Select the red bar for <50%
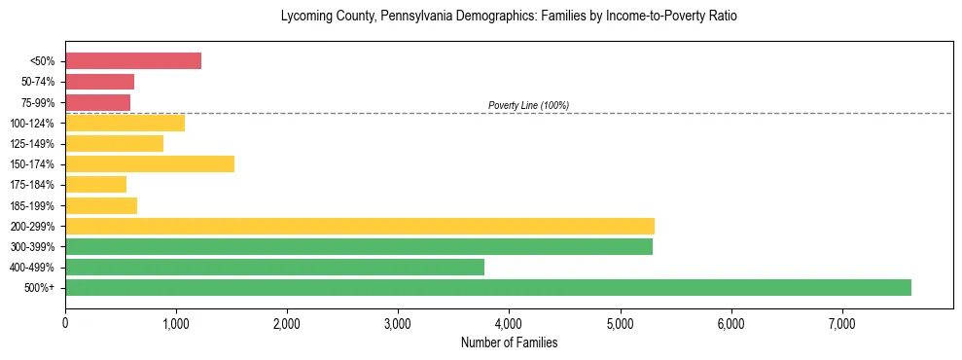click(133, 61)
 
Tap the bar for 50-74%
click(99, 82)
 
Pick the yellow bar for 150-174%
click(150, 164)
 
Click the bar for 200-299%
click(360, 227)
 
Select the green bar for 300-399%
click(359, 247)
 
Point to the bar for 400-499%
click(274, 268)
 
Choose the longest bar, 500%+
click(488, 288)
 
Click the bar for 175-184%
click(95, 185)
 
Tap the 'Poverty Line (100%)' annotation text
click(528, 105)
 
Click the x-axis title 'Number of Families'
click(509, 343)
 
